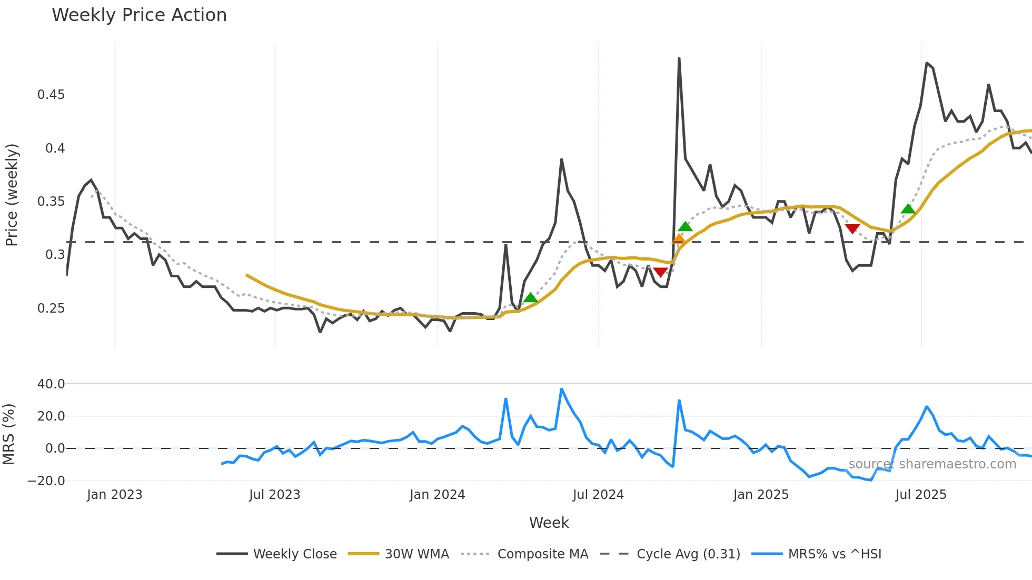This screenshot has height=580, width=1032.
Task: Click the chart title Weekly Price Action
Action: tap(139, 15)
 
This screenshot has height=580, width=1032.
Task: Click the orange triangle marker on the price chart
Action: tap(679, 239)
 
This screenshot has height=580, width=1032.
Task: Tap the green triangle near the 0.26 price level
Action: tap(530, 298)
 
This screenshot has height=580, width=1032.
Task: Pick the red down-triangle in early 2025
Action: tap(852, 228)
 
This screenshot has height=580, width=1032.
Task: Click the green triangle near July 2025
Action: tap(908, 209)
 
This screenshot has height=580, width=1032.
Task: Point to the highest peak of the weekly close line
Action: tap(679, 58)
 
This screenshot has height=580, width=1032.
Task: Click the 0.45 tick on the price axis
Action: tap(51, 95)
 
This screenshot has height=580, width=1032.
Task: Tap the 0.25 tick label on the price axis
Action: tap(51, 308)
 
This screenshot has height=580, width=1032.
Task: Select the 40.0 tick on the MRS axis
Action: tap(51, 384)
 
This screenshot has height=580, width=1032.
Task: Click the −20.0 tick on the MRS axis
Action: tap(46, 481)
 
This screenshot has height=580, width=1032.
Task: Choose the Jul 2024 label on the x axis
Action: tap(598, 495)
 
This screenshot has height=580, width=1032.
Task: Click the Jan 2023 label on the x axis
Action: tap(114, 495)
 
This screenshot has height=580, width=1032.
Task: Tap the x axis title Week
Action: tap(549, 523)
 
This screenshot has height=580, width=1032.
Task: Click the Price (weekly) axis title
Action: tap(12, 195)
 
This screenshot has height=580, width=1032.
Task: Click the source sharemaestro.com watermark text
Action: tap(932, 464)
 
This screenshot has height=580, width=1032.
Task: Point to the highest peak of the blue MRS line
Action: tap(562, 389)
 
